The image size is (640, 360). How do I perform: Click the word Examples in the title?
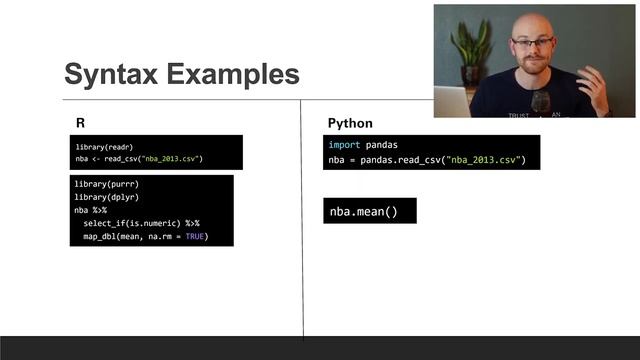(x=235, y=74)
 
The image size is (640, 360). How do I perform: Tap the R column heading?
(x=80, y=123)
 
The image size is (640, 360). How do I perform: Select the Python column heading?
(x=350, y=123)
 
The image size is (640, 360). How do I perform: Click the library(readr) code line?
(x=105, y=147)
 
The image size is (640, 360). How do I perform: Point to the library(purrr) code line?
(x=106, y=185)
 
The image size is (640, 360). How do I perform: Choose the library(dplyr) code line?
(x=106, y=198)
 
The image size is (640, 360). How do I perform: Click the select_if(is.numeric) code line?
(x=135, y=223)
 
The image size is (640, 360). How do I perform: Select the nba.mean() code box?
(x=364, y=211)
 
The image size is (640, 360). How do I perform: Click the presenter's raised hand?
(x=595, y=85)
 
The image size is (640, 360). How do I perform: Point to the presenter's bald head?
(x=532, y=22)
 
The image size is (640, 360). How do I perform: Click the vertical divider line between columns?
(x=302, y=220)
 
